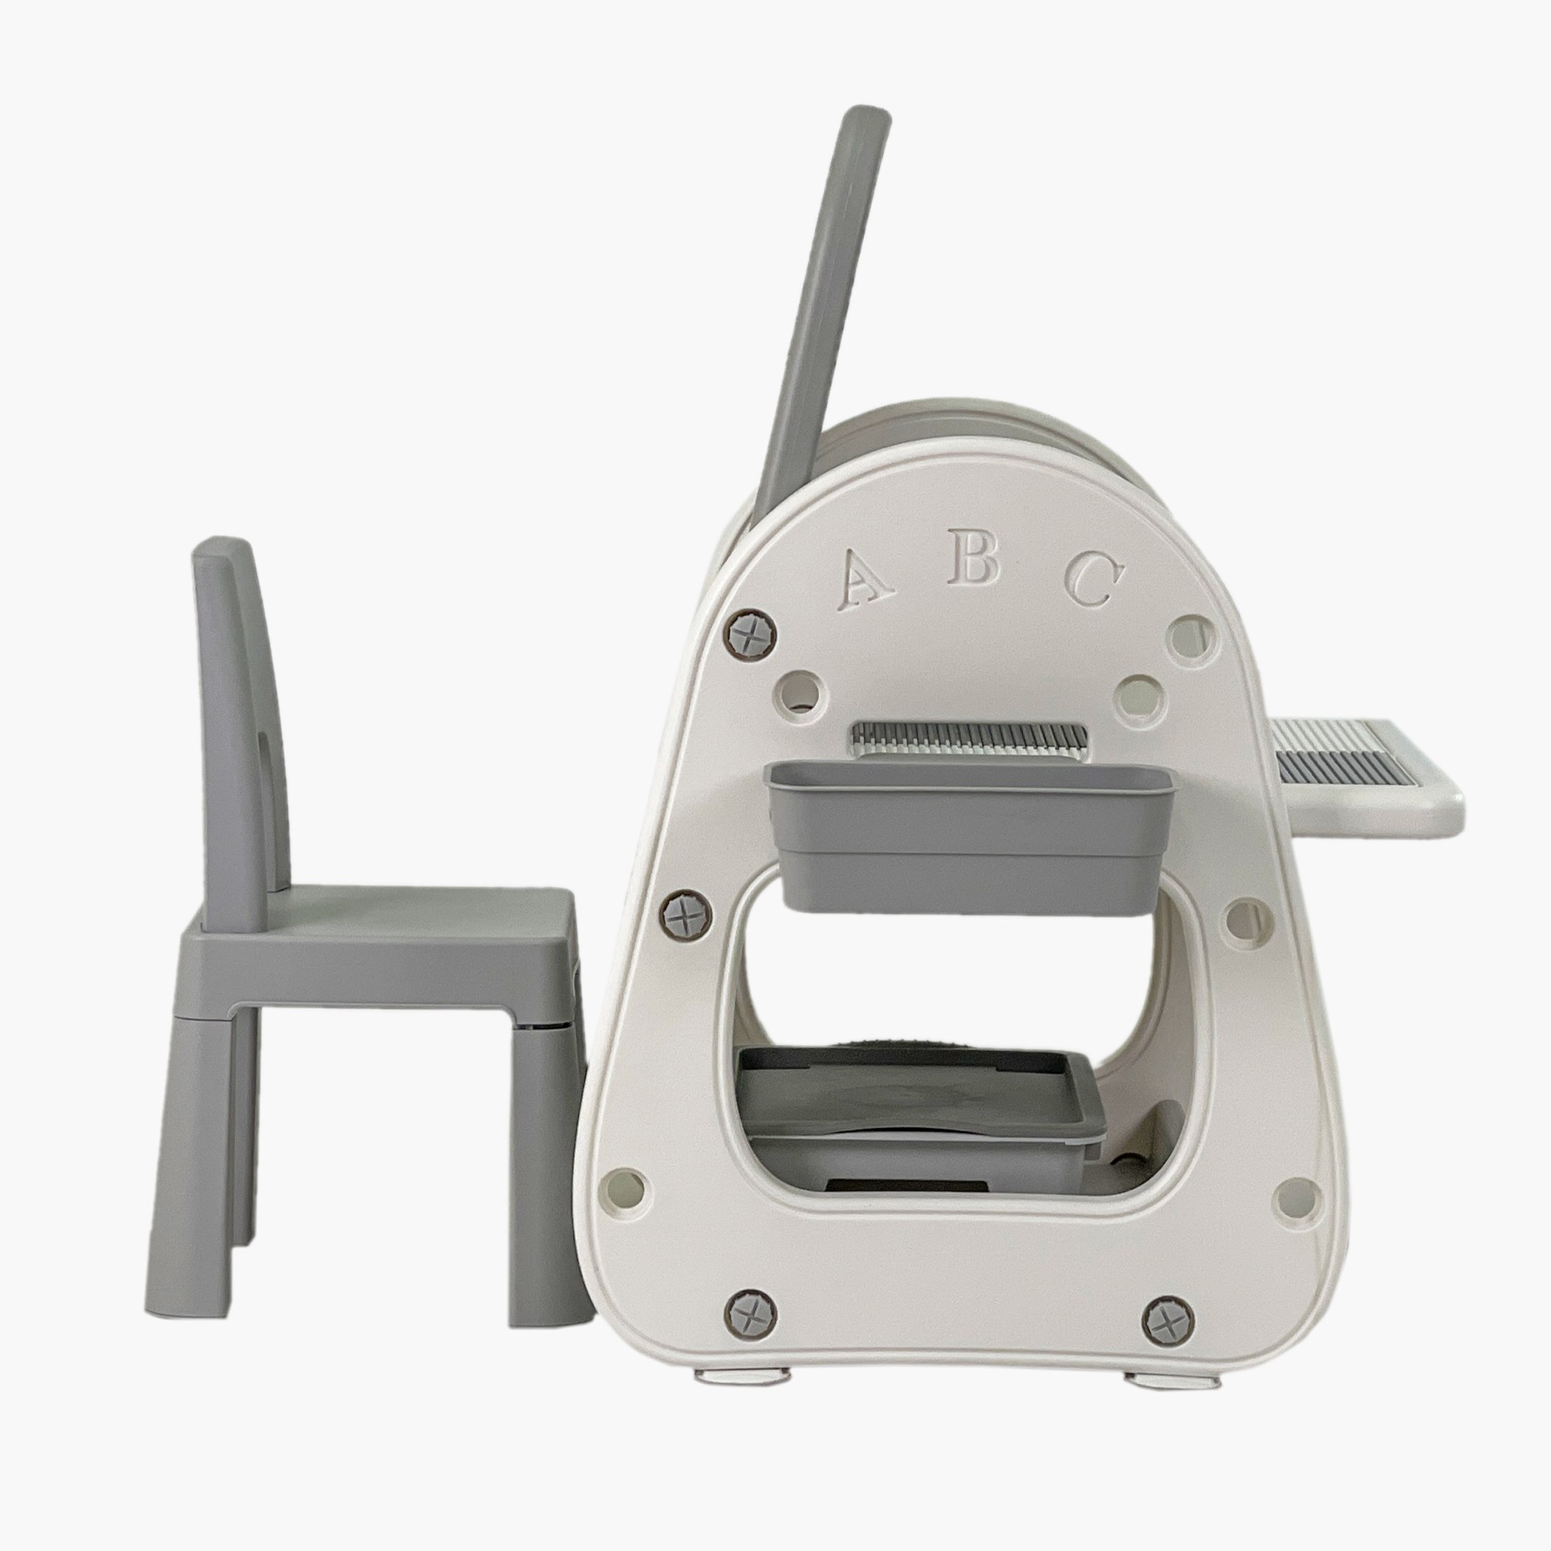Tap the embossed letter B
(973, 557)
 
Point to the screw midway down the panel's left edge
(688, 914)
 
